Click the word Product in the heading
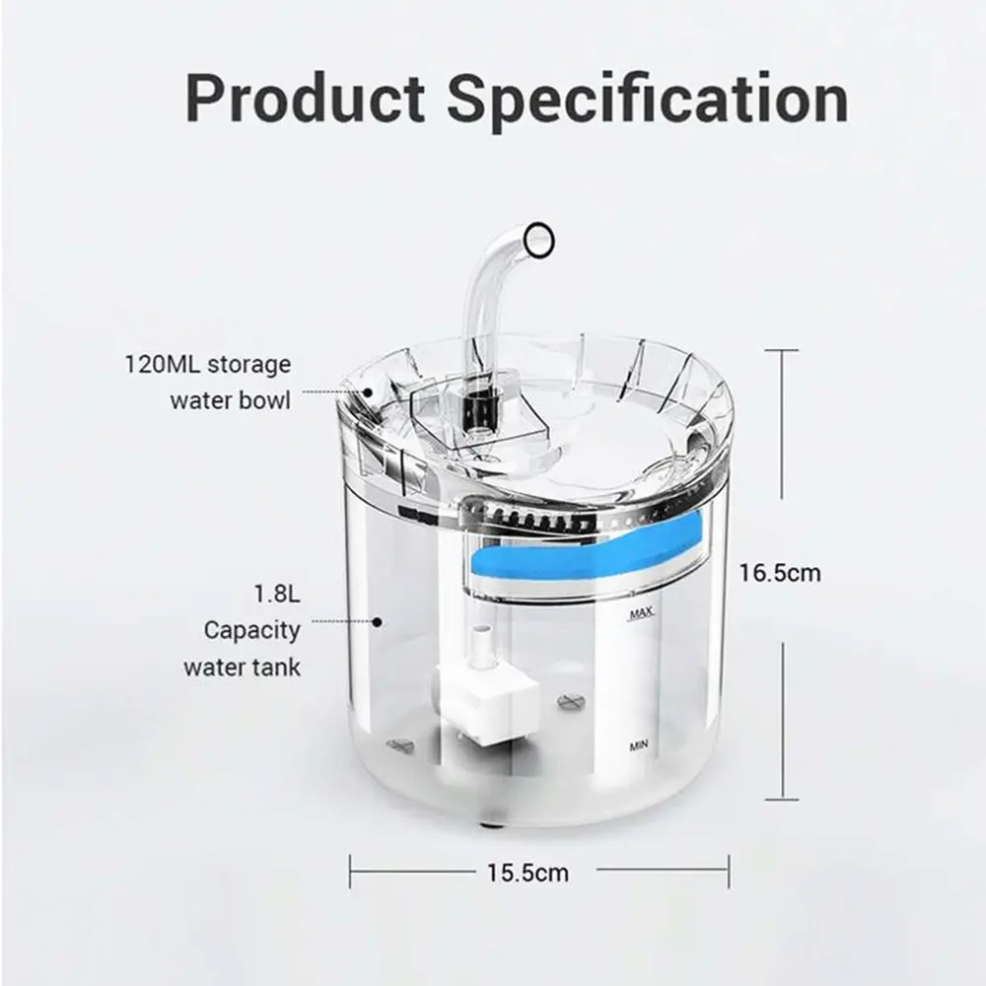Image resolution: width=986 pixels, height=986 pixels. (306, 99)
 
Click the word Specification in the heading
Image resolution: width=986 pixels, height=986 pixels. (648, 99)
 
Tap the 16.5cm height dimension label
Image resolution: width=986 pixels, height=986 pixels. (780, 572)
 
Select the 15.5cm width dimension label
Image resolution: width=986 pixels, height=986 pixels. (527, 872)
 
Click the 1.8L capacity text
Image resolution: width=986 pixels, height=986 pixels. (276, 595)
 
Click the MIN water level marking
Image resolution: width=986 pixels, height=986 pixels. (640, 746)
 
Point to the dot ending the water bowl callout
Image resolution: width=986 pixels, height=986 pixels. (366, 391)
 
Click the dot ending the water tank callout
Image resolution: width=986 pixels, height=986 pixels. (377, 621)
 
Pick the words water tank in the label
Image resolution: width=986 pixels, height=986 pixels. (243, 667)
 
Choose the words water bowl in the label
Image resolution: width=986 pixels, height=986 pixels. (230, 401)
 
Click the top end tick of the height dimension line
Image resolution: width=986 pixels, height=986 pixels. (782, 349)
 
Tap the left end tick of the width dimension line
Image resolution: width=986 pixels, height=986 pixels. (351, 871)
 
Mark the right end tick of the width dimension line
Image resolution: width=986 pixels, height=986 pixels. (729, 871)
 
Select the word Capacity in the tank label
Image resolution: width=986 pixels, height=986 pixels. (252, 630)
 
